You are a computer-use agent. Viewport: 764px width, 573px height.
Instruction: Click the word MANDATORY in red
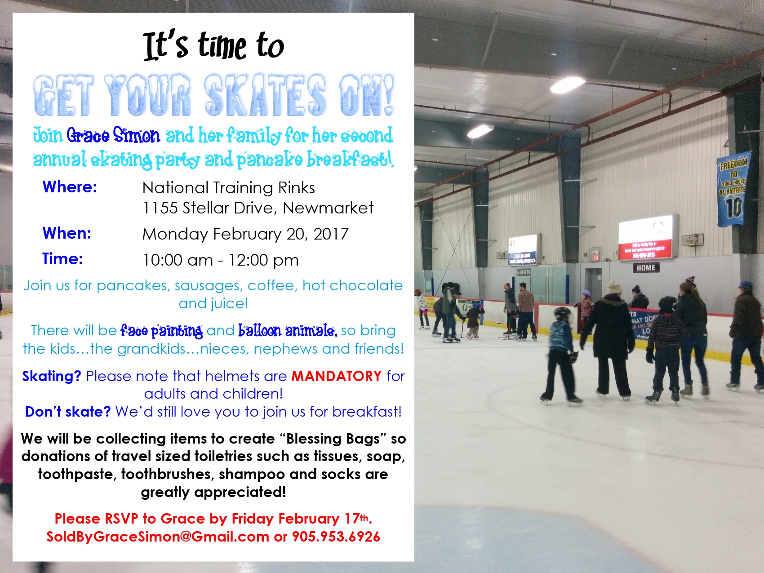click(337, 376)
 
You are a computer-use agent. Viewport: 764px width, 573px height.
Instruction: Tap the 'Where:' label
click(70, 187)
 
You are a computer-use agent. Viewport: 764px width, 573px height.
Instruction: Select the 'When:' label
click(67, 233)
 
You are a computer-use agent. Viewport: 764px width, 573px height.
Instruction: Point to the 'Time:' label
click(62, 258)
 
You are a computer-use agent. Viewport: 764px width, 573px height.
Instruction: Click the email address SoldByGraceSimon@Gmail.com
click(158, 537)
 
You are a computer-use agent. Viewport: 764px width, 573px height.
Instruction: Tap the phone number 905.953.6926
click(336, 537)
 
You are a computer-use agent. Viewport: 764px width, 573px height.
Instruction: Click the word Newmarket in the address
click(328, 208)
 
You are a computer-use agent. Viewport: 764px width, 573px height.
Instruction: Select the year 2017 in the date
click(331, 234)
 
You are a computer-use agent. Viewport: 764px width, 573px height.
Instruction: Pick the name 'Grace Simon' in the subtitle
click(113, 135)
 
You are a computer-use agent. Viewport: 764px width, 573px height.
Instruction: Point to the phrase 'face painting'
click(161, 331)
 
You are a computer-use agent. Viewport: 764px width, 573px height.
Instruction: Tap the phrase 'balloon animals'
click(288, 330)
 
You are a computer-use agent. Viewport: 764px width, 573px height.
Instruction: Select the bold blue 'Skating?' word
click(52, 376)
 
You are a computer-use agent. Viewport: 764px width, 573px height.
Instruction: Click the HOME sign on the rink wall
click(646, 268)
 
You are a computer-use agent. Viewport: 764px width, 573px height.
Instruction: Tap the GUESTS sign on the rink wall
click(524, 272)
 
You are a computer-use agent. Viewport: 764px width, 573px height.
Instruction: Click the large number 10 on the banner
click(734, 208)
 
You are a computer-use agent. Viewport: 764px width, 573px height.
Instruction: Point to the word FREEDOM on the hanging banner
click(734, 164)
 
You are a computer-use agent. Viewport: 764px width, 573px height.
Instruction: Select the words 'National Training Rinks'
click(229, 187)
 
